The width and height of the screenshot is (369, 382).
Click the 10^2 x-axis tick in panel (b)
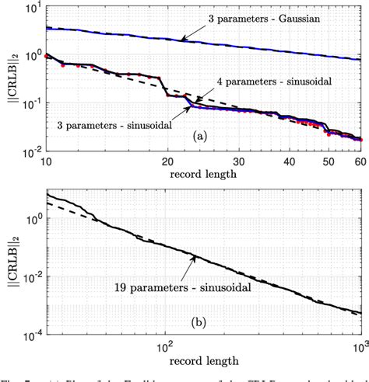click(x=164, y=344)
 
